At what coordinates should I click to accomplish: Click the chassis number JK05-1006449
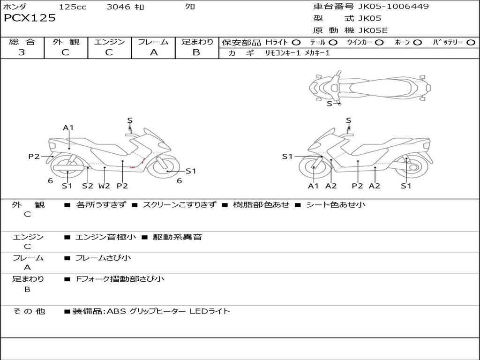(393, 7)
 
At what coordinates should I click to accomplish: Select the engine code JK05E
(373, 31)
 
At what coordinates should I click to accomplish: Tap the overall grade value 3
(22, 52)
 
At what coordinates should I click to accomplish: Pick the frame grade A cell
(153, 52)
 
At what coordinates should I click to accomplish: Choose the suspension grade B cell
(196, 52)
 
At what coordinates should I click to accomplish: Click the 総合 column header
(22, 42)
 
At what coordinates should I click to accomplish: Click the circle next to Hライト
(296, 42)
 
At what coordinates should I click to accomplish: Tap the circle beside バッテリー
(471, 42)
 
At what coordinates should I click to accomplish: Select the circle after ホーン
(417, 42)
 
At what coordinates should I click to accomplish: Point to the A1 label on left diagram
(68, 127)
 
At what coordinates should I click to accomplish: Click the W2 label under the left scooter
(104, 186)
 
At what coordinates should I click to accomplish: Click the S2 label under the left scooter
(88, 186)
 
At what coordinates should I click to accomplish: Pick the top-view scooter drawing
(369, 87)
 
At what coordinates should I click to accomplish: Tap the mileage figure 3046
(119, 7)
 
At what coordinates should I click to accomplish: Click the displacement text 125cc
(73, 7)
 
